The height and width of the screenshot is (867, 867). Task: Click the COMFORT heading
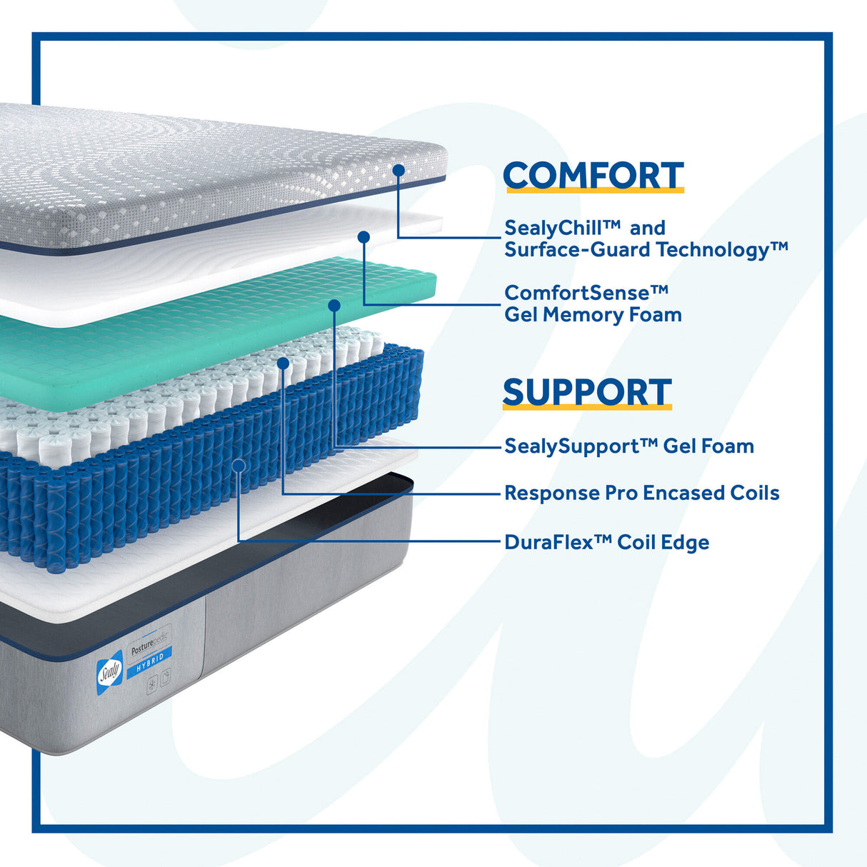593,175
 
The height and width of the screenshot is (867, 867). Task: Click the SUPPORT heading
587,392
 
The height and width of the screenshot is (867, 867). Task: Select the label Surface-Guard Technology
646,250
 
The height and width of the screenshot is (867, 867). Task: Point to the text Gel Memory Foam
593,314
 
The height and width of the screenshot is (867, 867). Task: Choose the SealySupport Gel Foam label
629,446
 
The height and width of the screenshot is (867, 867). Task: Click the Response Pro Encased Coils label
641,493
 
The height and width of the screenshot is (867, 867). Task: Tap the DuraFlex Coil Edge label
606,542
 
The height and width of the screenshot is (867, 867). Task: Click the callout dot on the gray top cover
399,170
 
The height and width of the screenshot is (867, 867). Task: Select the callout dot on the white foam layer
364,236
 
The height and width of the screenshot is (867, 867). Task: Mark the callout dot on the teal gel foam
334,306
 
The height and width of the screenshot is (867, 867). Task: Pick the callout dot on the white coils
283,364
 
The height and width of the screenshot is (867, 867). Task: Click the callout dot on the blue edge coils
239,466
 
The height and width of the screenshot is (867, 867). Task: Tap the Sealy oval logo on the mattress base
110,672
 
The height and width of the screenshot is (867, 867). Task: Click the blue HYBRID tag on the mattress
150,663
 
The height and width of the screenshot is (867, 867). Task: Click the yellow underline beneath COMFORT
595,190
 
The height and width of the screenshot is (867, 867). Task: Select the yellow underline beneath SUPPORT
587,407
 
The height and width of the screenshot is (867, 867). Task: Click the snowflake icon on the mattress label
153,685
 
